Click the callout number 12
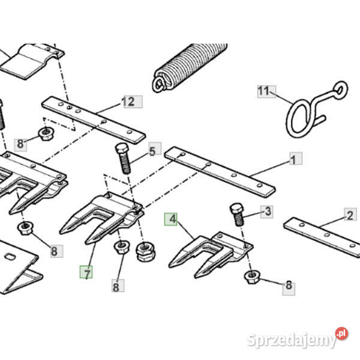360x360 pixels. [128, 102]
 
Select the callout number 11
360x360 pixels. [263, 91]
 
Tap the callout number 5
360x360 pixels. [152, 152]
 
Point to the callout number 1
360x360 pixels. [293, 160]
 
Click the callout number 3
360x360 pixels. [268, 211]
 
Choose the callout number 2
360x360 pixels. [350, 215]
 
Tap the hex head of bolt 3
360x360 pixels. [236, 208]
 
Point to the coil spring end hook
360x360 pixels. [160, 83]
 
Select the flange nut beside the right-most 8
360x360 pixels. [252, 277]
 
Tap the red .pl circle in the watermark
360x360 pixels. [341, 334]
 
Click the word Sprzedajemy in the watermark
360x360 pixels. [292, 340]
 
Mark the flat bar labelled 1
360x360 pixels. [220, 172]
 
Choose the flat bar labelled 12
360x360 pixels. [94, 120]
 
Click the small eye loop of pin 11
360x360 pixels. [340, 89]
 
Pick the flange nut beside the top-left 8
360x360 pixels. [46, 134]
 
